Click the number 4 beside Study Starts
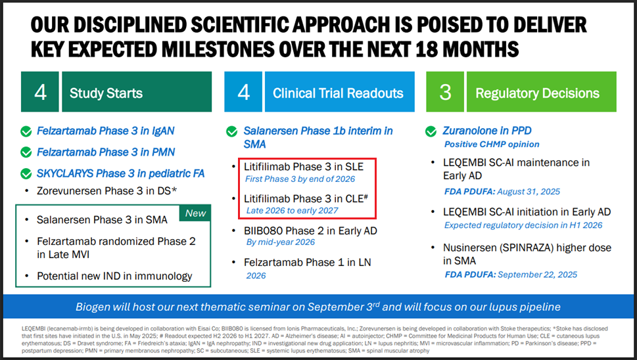point(40,92)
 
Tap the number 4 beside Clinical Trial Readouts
point(243,92)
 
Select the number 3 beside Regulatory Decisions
point(445,92)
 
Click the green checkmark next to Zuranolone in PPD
point(431,131)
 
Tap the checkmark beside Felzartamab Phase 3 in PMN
point(26,152)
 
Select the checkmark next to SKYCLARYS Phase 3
point(26,173)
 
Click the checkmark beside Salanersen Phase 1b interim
point(231,131)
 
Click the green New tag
point(195,214)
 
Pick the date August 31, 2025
point(529,192)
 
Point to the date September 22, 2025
point(538,275)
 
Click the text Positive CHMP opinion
point(492,145)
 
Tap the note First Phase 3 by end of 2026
point(300,179)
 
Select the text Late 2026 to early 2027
point(292,211)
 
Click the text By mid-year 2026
point(280,242)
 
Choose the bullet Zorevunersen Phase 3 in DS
point(107,191)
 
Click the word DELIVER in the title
point(550,25)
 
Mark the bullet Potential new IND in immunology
point(114,276)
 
